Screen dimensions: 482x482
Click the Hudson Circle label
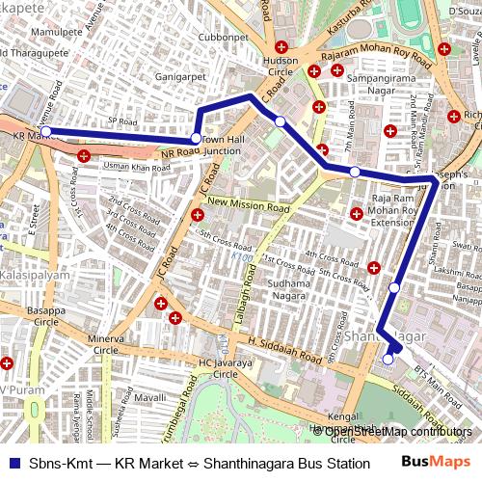click(281, 66)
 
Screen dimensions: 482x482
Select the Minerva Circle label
click(106, 345)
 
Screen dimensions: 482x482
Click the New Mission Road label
click(248, 206)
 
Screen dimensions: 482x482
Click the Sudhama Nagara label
click(282, 290)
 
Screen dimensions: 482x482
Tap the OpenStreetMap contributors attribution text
click(398, 431)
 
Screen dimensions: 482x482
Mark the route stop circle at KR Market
click(44, 131)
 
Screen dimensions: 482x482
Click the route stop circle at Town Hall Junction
click(196, 139)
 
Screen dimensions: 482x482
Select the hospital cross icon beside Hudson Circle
click(281, 47)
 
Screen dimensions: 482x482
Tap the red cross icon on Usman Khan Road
click(84, 155)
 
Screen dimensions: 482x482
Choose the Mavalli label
click(150, 396)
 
